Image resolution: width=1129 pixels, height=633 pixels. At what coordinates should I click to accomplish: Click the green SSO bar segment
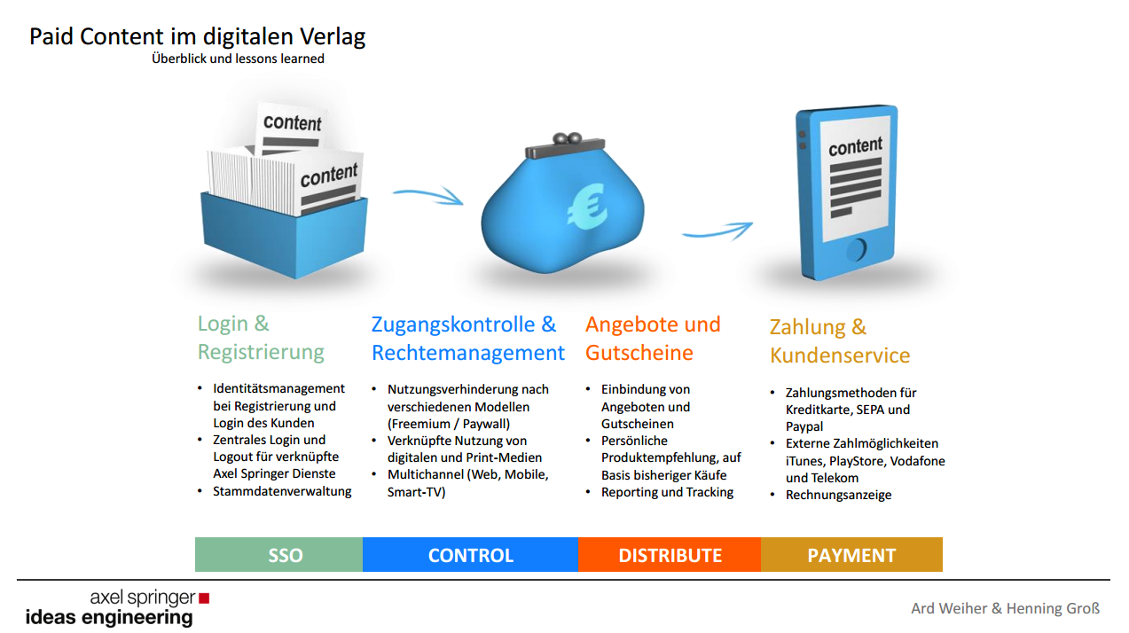[x=278, y=555]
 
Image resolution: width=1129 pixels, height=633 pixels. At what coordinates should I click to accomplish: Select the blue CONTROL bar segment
[x=470, y=555]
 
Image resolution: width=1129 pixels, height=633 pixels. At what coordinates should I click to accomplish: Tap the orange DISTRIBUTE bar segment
[x=670, y=555]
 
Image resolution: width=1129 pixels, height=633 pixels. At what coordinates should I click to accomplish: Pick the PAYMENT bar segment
[x=851, y=555]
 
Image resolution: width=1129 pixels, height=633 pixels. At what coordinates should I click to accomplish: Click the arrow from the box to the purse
[x=429, y=194]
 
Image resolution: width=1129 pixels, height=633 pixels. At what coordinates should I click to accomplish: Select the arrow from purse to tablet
[x=717, y=231]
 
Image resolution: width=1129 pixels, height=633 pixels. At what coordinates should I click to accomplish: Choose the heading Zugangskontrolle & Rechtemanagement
[x=467, y=338]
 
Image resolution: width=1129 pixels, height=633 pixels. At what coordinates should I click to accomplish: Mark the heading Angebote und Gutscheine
[x=653, y=338]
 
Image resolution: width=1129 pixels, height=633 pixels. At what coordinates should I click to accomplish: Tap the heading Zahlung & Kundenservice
[x=839, y=341]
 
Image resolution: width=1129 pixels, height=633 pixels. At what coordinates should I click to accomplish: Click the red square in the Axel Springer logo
[x=204, y=598]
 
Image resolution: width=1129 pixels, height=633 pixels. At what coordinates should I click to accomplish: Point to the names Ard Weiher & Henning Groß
[x=1005, y=608]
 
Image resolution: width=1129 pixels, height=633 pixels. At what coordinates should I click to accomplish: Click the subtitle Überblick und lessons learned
[x=238, y=59]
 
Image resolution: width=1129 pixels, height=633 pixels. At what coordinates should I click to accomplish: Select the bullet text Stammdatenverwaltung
[x=282, y=491]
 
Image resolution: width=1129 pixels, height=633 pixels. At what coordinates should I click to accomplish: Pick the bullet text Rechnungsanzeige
[x=838, y=495]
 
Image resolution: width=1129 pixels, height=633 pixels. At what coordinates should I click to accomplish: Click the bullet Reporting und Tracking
[x=667, y=492]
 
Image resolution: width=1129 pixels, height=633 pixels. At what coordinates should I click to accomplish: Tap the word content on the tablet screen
[x=855, y=145]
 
